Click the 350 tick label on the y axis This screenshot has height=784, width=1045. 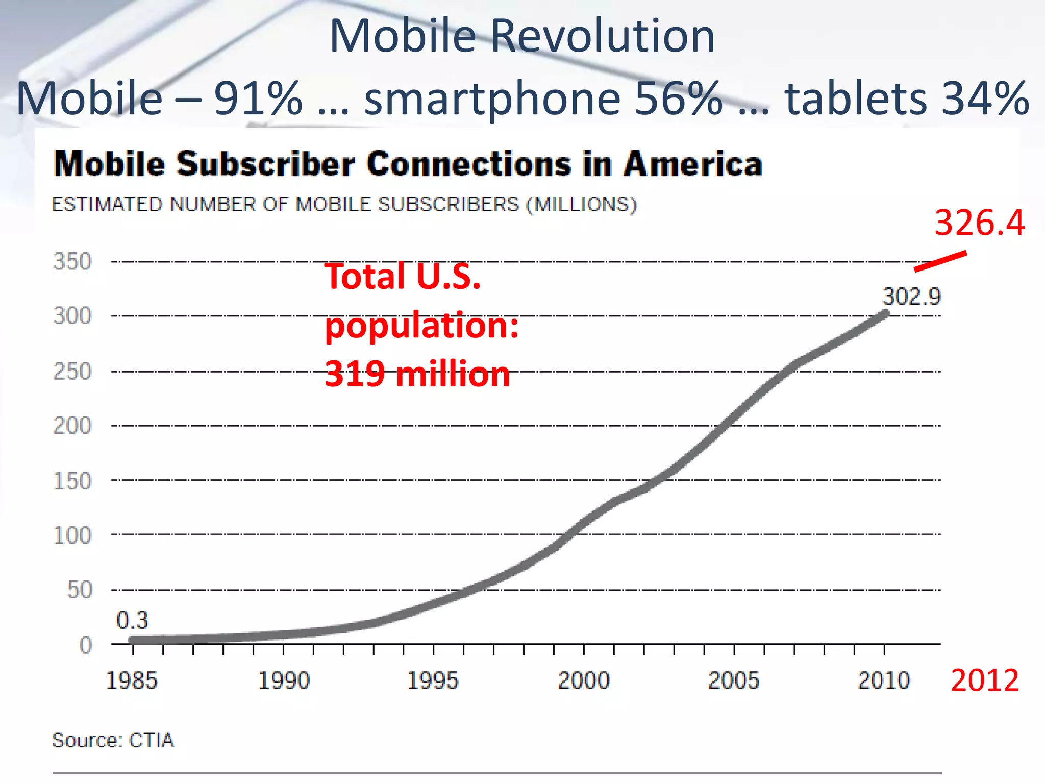[72, 262]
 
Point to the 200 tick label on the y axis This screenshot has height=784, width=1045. [72, 426]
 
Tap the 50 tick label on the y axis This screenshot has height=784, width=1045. [80, 590]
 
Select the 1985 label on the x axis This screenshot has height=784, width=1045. [132, 680]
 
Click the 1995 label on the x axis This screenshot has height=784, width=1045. [433, 680]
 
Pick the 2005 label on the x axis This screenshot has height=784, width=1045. [734, 680]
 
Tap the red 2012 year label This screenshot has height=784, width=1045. [985, 680]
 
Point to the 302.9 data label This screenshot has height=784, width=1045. [912, 297]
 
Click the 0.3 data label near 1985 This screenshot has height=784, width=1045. [132, 621]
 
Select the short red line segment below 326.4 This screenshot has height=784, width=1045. [940, 261]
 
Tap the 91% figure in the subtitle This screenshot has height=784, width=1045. [258, 98]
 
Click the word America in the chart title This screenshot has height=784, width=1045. [693, 164]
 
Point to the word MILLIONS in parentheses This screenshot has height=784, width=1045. [581, 205]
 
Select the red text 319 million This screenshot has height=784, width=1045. [417, 374]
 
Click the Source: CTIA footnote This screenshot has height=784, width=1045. [113, 740]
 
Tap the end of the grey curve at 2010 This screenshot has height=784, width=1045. [885, 314]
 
